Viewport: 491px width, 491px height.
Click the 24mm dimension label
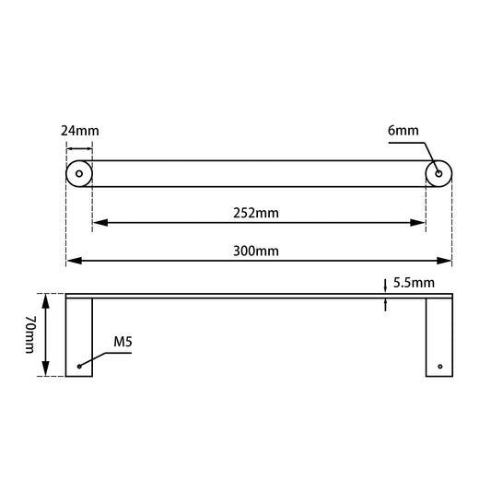coord(79,130)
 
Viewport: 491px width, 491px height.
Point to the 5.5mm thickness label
coord(414,284)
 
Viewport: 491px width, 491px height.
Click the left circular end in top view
coord(79,173)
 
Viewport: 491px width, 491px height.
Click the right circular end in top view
coord(438,173)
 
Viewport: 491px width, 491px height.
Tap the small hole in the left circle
coord(79,173)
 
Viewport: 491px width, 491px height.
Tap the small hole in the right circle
coord(438,173)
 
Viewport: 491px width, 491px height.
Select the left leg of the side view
coord(80,337)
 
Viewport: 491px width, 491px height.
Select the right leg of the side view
coord(438,337)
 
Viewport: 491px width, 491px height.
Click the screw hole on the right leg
coord(440,367)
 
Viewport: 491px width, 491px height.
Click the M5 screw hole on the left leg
coord(80,367)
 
